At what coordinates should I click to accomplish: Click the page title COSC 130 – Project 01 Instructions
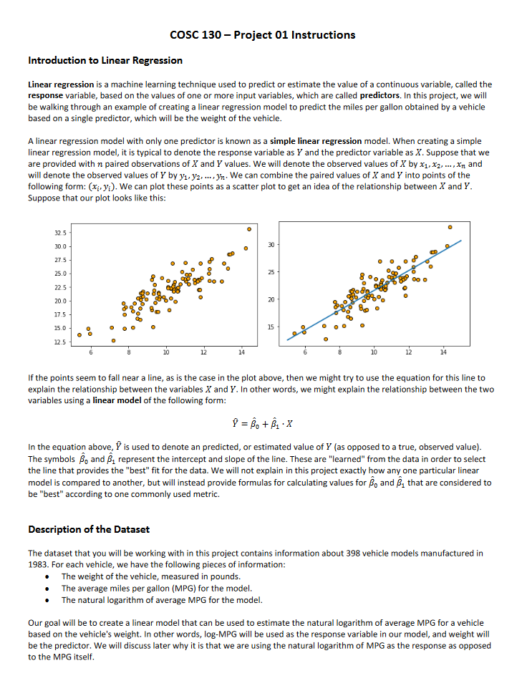(x=263, y=34)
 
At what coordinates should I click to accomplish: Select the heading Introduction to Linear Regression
(x=105, y=60)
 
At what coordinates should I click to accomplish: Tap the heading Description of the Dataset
(x=88, y=529)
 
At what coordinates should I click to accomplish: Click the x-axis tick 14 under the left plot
(x=241, y=353)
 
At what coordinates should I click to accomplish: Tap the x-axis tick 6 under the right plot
(x=305, y=353)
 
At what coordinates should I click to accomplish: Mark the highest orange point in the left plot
(x=249, y=229)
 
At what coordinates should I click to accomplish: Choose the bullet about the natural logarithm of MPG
(x=162, y=599)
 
